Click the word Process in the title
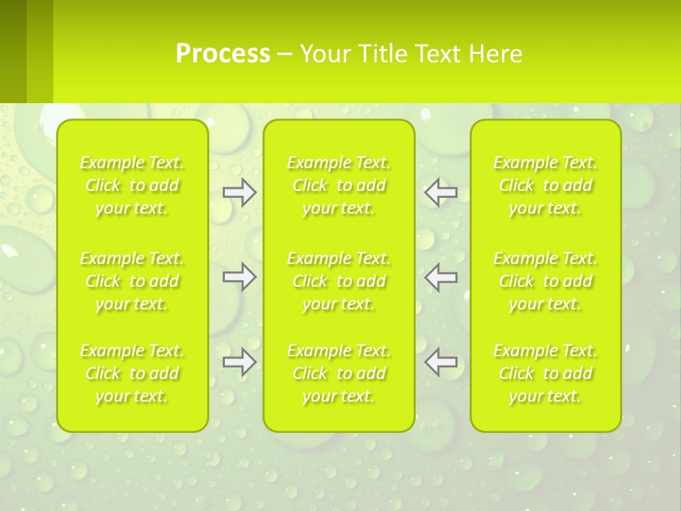[x=223, y=54]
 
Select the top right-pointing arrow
[x=239, y=192]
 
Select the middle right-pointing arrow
[x=239, y=277]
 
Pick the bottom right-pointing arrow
[x=239, y=362]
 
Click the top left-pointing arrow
[x=441, y=192]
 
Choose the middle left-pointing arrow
[x=441, y=277]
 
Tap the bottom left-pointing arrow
[x=441, y=362]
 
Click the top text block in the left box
[x=132, y=186]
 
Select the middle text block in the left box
[x=132, y=281]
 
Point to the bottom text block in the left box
[x=132, y=373]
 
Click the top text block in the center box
[x=339, y=186]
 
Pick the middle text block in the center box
[x=339, y=281]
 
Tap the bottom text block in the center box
[x=339, y=373]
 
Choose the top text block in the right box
[x=546, y=186]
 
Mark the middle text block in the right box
[x=546, y=281]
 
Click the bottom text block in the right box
[x=546, y=373]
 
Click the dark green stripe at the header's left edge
[x=13, y=51]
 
